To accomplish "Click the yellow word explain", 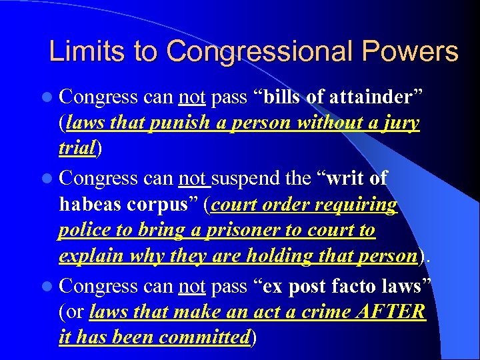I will point(89,257).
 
